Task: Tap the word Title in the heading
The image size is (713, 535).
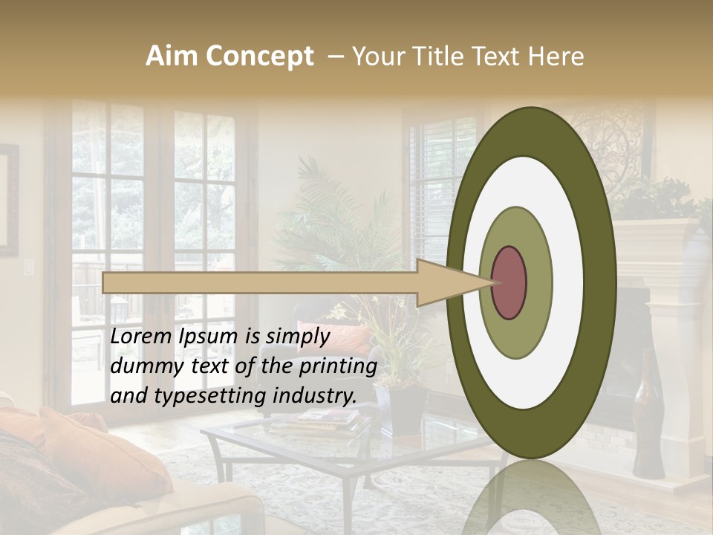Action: [x=438, y=56]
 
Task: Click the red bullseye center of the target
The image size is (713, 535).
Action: [x=509, y=282]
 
